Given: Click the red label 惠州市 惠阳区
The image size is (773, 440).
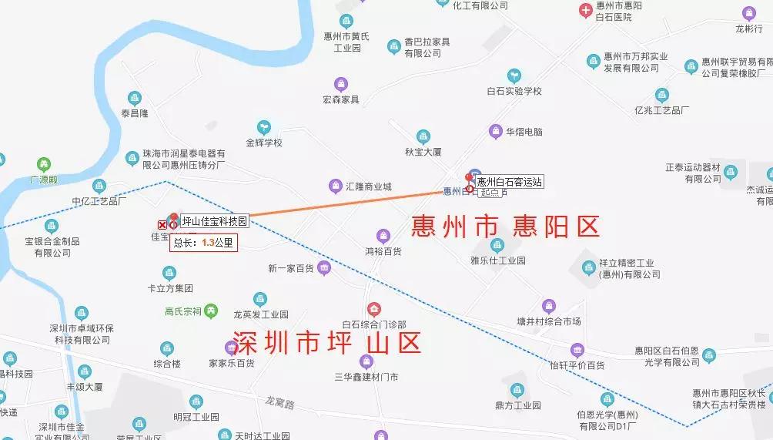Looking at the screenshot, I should tap(505, 227).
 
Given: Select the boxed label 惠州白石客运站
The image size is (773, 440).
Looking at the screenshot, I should tap(510, 182).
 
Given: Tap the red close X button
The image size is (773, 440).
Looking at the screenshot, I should tap(162, 224).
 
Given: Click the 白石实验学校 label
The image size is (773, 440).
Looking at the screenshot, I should tap(514, 91).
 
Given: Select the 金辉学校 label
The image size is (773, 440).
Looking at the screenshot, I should tap(264, 143).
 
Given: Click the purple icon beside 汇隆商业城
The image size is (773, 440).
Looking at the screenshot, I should tap(335, 186).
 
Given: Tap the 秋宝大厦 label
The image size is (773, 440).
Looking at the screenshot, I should tap(423, 152).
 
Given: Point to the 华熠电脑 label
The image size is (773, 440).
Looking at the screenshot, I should tap(524, 132).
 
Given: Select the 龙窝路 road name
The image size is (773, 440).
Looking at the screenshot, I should tap(279, 402).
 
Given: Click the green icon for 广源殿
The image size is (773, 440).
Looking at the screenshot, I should tap(44, 164).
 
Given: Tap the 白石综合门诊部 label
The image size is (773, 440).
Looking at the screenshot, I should tap(374, 324).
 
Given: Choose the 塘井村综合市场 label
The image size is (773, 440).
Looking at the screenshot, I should tap(548, 321).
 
